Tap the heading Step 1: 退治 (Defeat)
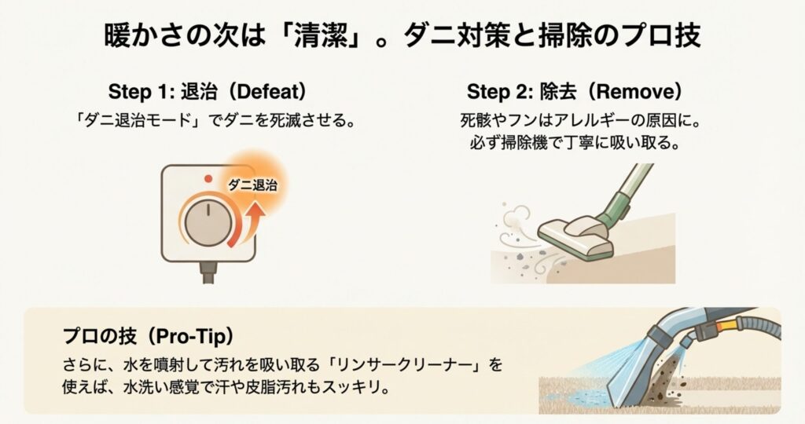pos(208,92)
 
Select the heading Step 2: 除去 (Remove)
pos(575,92)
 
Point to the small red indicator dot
pos(208,178)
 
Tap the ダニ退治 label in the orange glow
pos(252,185)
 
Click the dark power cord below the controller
pos(208,272)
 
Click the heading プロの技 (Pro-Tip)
pos(149,336)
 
